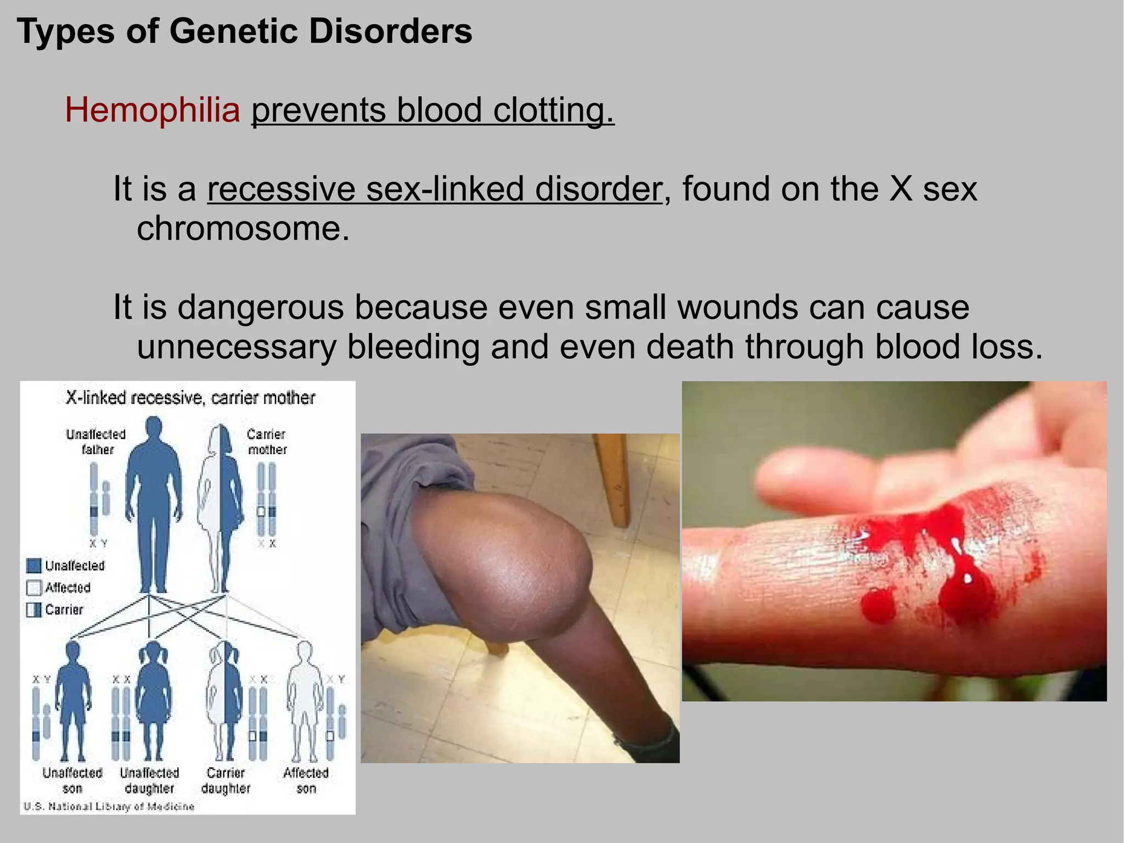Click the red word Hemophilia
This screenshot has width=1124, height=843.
click(x=153, y=110)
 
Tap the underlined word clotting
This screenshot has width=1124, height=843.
click(x=553, y=110)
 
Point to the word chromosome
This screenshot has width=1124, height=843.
click(x=243, y=228)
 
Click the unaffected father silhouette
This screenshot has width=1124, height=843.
click(x=153, y=500)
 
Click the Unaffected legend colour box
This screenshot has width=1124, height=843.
click(x=34, y=566)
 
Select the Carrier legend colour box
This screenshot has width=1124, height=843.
click(x=34, y=610)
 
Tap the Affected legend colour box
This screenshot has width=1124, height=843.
click(x=34, y=588)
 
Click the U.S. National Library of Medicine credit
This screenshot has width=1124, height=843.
click(x=109, y=806)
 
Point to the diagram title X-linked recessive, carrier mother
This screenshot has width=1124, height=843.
click(x=190, y=398)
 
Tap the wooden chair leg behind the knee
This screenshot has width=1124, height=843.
click(x=613, y=478)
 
